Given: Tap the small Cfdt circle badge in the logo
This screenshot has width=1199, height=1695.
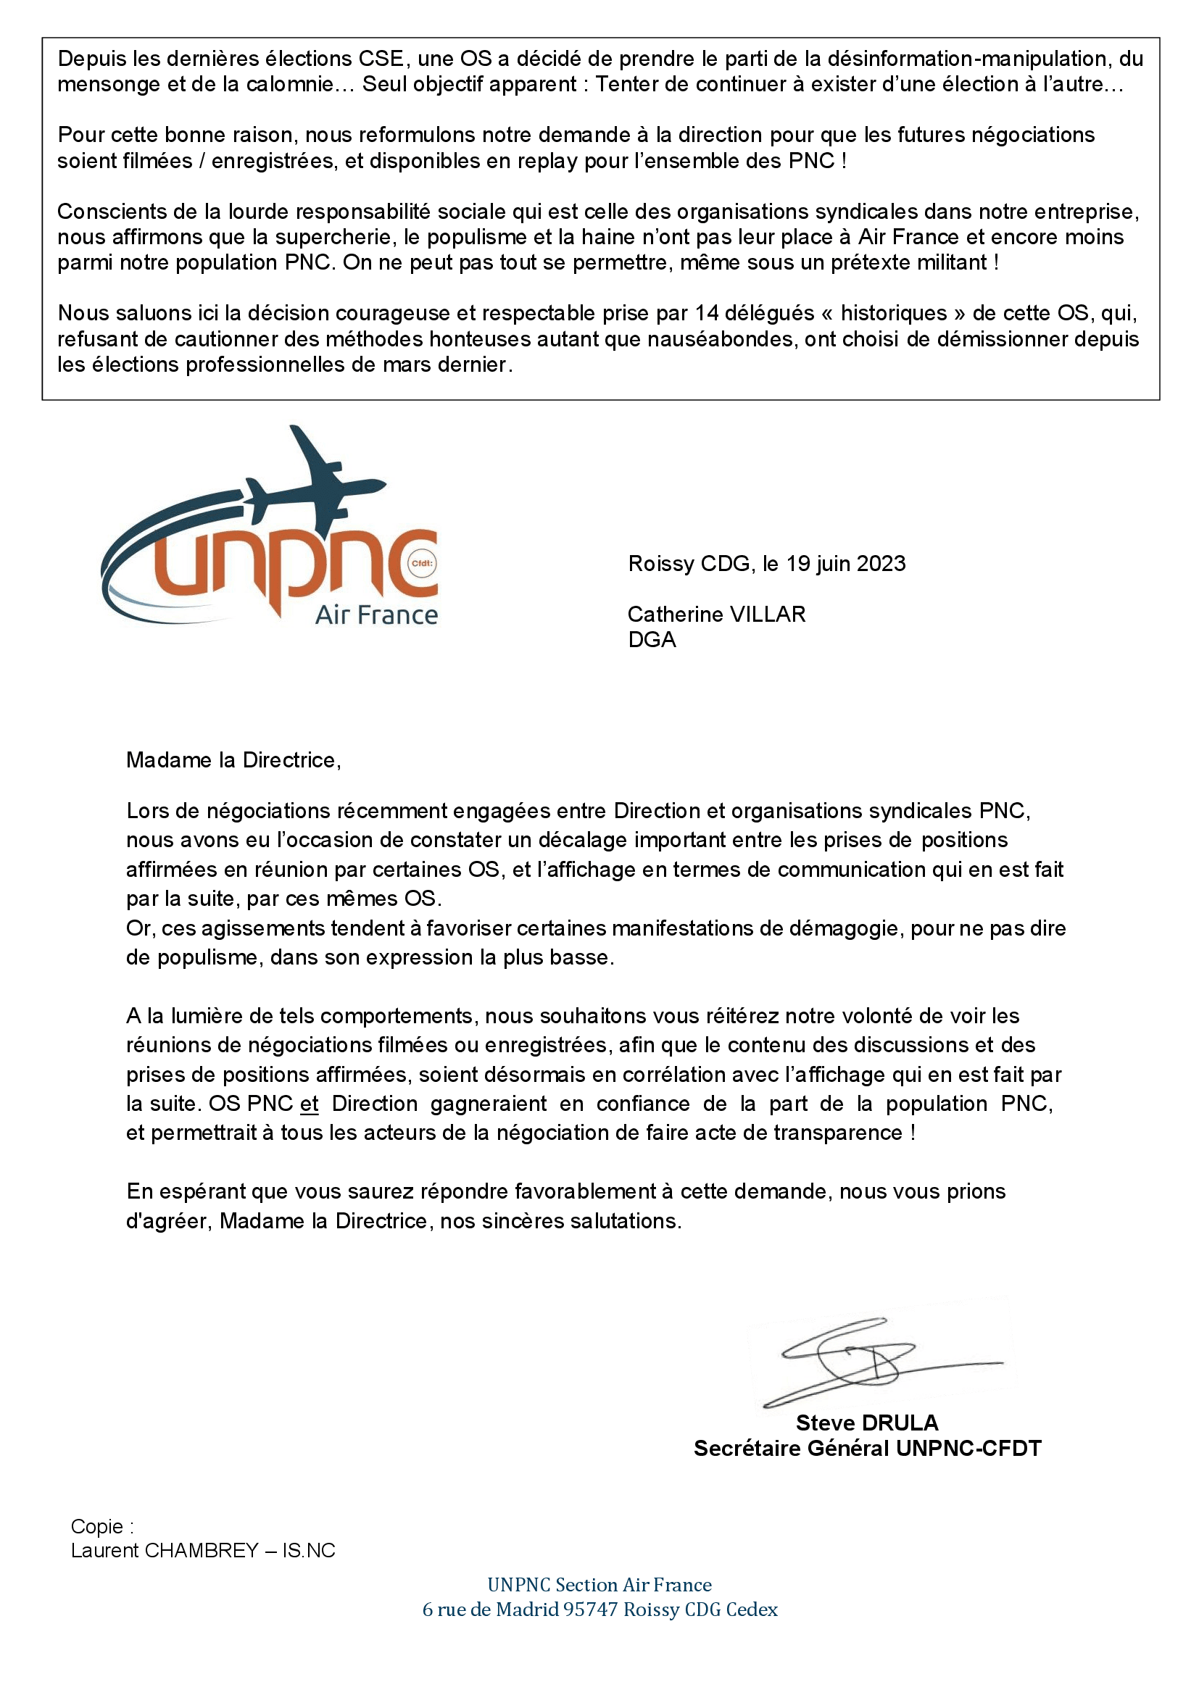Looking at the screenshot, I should [423, 563].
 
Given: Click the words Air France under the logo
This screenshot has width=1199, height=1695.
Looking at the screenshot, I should [376, 615].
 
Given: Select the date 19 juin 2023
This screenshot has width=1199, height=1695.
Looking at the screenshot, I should [845, 563].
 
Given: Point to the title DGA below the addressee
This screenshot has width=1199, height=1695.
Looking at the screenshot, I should [652, 639].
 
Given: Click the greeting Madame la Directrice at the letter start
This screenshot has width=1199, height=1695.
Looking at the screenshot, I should [233, 759].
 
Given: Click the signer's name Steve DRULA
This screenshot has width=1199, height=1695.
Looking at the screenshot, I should [867, 1423].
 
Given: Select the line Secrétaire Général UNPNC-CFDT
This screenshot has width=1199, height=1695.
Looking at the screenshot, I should [867, 1448].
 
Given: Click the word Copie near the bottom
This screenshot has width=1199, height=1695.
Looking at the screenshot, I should [97, 1526].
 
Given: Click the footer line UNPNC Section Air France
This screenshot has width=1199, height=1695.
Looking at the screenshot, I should [599, 1584].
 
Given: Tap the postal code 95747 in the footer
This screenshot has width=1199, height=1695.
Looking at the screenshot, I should [590, 1609].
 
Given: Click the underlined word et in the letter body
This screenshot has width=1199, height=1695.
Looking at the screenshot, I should [310, 1104].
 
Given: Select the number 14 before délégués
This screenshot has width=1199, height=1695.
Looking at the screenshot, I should [707, 313].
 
